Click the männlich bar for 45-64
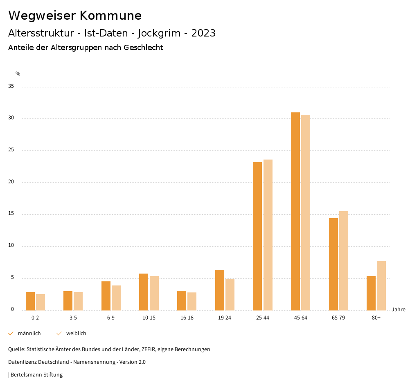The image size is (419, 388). (295, 211)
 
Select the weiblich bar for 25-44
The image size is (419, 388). (268, 235)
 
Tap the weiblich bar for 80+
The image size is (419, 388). (381, 285)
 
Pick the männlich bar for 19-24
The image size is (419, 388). (220, 290)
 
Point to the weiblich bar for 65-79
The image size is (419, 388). (344, 260)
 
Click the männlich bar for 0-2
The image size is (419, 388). (30, 301)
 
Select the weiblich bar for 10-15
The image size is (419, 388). (154, 293)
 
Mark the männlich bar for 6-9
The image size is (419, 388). (106, 296)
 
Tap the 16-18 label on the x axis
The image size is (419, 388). (187, 318)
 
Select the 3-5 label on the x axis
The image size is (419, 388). (73, 318)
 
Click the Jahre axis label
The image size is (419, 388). (399, 310)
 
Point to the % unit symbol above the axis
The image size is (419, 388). (18, 74)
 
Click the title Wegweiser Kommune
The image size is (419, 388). (75, 16)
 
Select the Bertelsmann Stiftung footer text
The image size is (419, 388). (36, 375)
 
